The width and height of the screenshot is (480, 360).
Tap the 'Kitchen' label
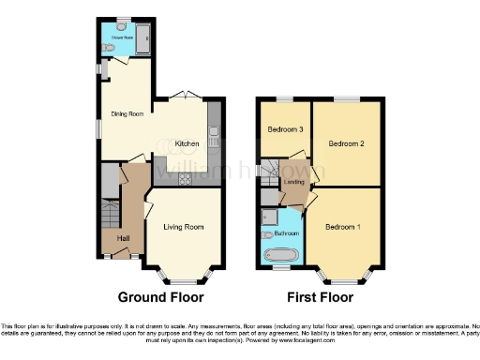click(x=187, y=143)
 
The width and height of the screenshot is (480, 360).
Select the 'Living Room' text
click(x=184, y=227)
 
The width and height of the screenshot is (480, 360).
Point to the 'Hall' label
click(x=123, y=238)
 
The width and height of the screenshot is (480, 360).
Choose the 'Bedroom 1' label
click(x=343, y=227)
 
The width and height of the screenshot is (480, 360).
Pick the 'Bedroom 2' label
click(x=346, y=143)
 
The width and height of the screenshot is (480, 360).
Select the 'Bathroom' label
click(x=286, y=232)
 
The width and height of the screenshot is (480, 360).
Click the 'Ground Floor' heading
click(x=160, y=297)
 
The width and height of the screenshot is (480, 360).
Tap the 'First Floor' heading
click(x=314, y=297)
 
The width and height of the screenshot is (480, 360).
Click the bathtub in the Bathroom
click(x=281, y=254)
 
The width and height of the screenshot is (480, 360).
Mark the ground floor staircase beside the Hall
click(x=110, y=215)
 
